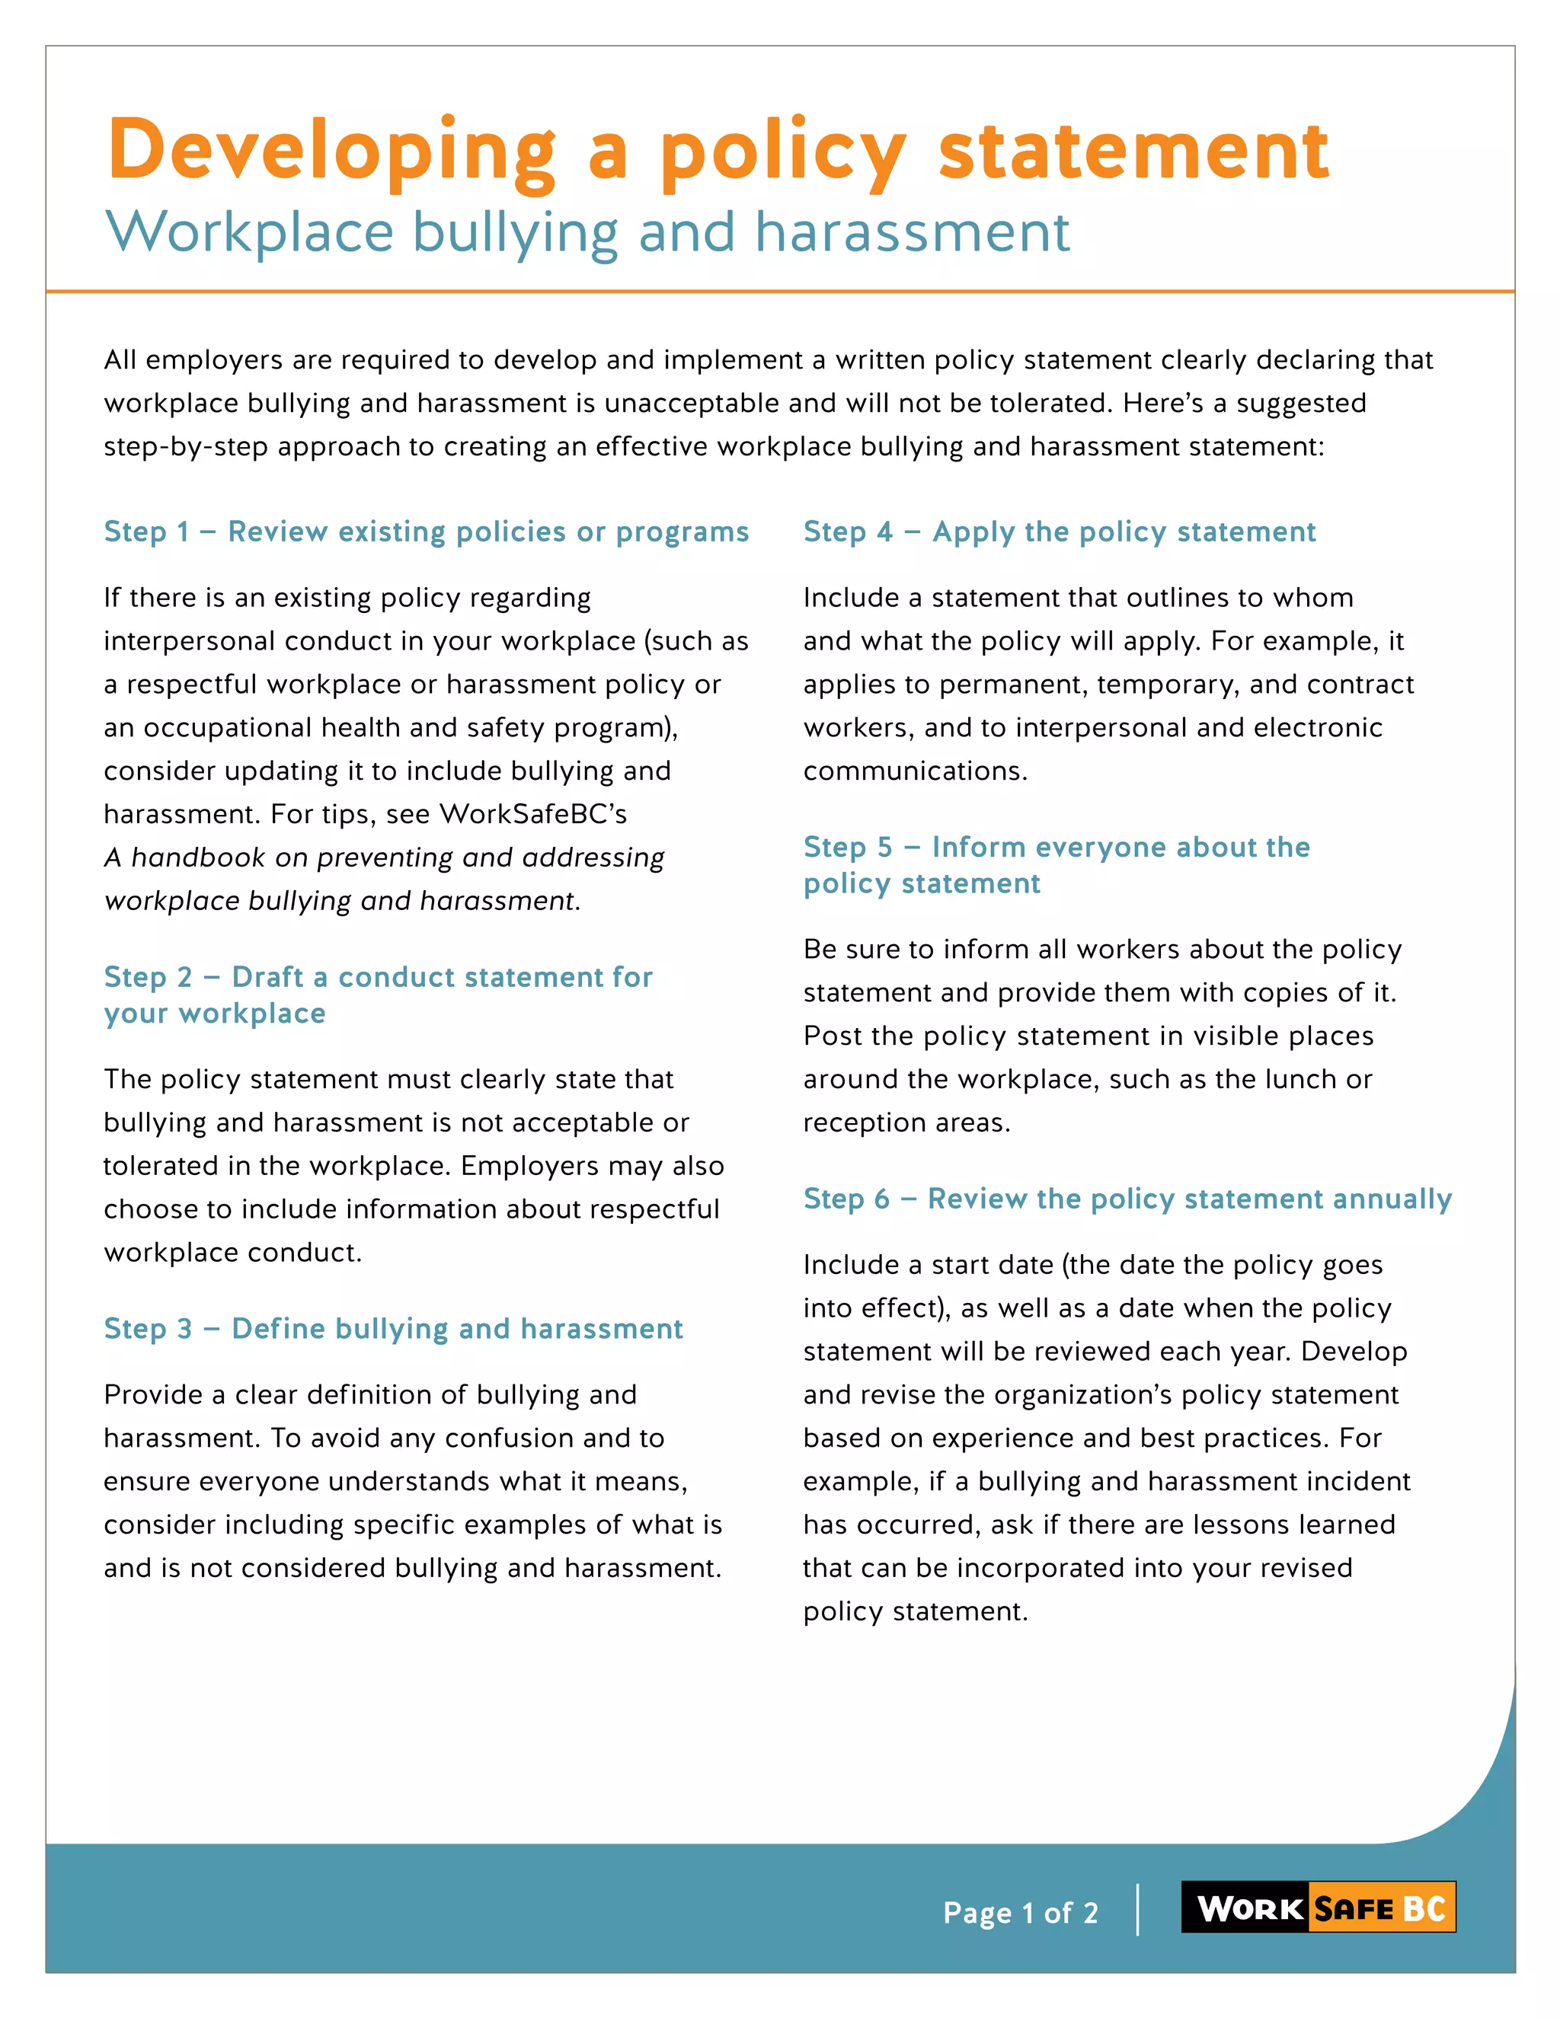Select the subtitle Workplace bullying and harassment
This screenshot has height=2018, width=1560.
[588, 232]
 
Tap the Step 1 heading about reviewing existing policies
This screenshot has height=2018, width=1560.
[426, 532]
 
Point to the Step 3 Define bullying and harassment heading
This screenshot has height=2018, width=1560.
[393, 1328]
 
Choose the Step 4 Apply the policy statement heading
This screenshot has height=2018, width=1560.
[1059, 532]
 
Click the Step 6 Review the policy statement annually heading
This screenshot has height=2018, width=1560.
[1127, 1199]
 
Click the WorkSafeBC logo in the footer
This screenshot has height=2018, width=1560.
[1318, 1907]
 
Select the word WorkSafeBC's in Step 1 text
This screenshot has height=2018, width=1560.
[533, 814]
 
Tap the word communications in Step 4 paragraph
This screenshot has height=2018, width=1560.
[914, 771]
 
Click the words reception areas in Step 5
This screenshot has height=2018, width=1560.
[906, 1122]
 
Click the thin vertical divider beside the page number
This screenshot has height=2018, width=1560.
[1138, 1909]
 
